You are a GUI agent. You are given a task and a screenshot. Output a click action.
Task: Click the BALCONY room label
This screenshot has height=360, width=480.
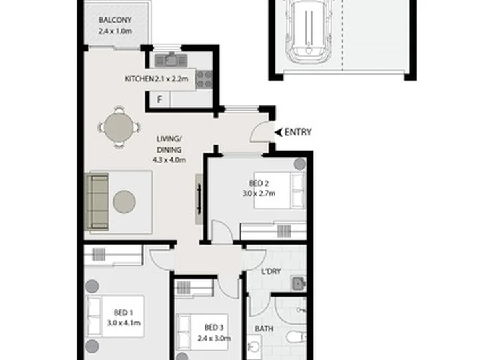coord(115,20)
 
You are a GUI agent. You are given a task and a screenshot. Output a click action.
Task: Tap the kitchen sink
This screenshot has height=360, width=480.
coord(171,60)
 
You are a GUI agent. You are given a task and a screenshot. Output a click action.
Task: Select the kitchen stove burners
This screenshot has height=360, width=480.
coord(204,79)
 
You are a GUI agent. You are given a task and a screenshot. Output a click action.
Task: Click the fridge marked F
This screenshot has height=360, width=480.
coord(159,99)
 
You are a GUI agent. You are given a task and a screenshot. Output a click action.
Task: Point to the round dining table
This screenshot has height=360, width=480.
coord(119,127)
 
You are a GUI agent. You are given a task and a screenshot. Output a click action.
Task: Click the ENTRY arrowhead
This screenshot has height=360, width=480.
coord(278,132)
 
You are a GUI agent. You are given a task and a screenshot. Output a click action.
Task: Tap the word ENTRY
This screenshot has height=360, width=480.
coord(298,132)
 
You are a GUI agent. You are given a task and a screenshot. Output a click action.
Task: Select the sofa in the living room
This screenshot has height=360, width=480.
coord(97,202)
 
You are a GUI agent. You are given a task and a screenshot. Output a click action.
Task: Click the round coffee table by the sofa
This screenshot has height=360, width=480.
coord(125,202)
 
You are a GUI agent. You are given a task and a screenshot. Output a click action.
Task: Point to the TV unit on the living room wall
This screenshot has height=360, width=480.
coord(199,199)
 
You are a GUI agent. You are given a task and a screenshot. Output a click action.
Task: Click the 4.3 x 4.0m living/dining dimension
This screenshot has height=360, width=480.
coord(169,160)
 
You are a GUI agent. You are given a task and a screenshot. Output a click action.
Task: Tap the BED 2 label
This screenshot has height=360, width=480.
coord(259,183)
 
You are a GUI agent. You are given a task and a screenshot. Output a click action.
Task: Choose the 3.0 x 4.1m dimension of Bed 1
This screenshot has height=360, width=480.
coord(124,323)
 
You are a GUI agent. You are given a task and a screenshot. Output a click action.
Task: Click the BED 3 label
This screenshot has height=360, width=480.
coord(214,327)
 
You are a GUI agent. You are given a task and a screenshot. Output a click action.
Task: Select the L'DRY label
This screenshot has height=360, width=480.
coord(271,271)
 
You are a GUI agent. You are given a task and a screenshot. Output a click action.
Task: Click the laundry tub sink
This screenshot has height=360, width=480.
coord(299,283)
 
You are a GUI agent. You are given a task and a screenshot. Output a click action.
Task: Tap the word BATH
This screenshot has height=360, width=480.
coord(264,329)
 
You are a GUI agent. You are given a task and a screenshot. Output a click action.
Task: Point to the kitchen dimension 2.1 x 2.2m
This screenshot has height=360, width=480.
coord(171,79)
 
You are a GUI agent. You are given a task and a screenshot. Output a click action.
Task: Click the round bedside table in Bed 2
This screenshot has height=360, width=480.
coord(300,164)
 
